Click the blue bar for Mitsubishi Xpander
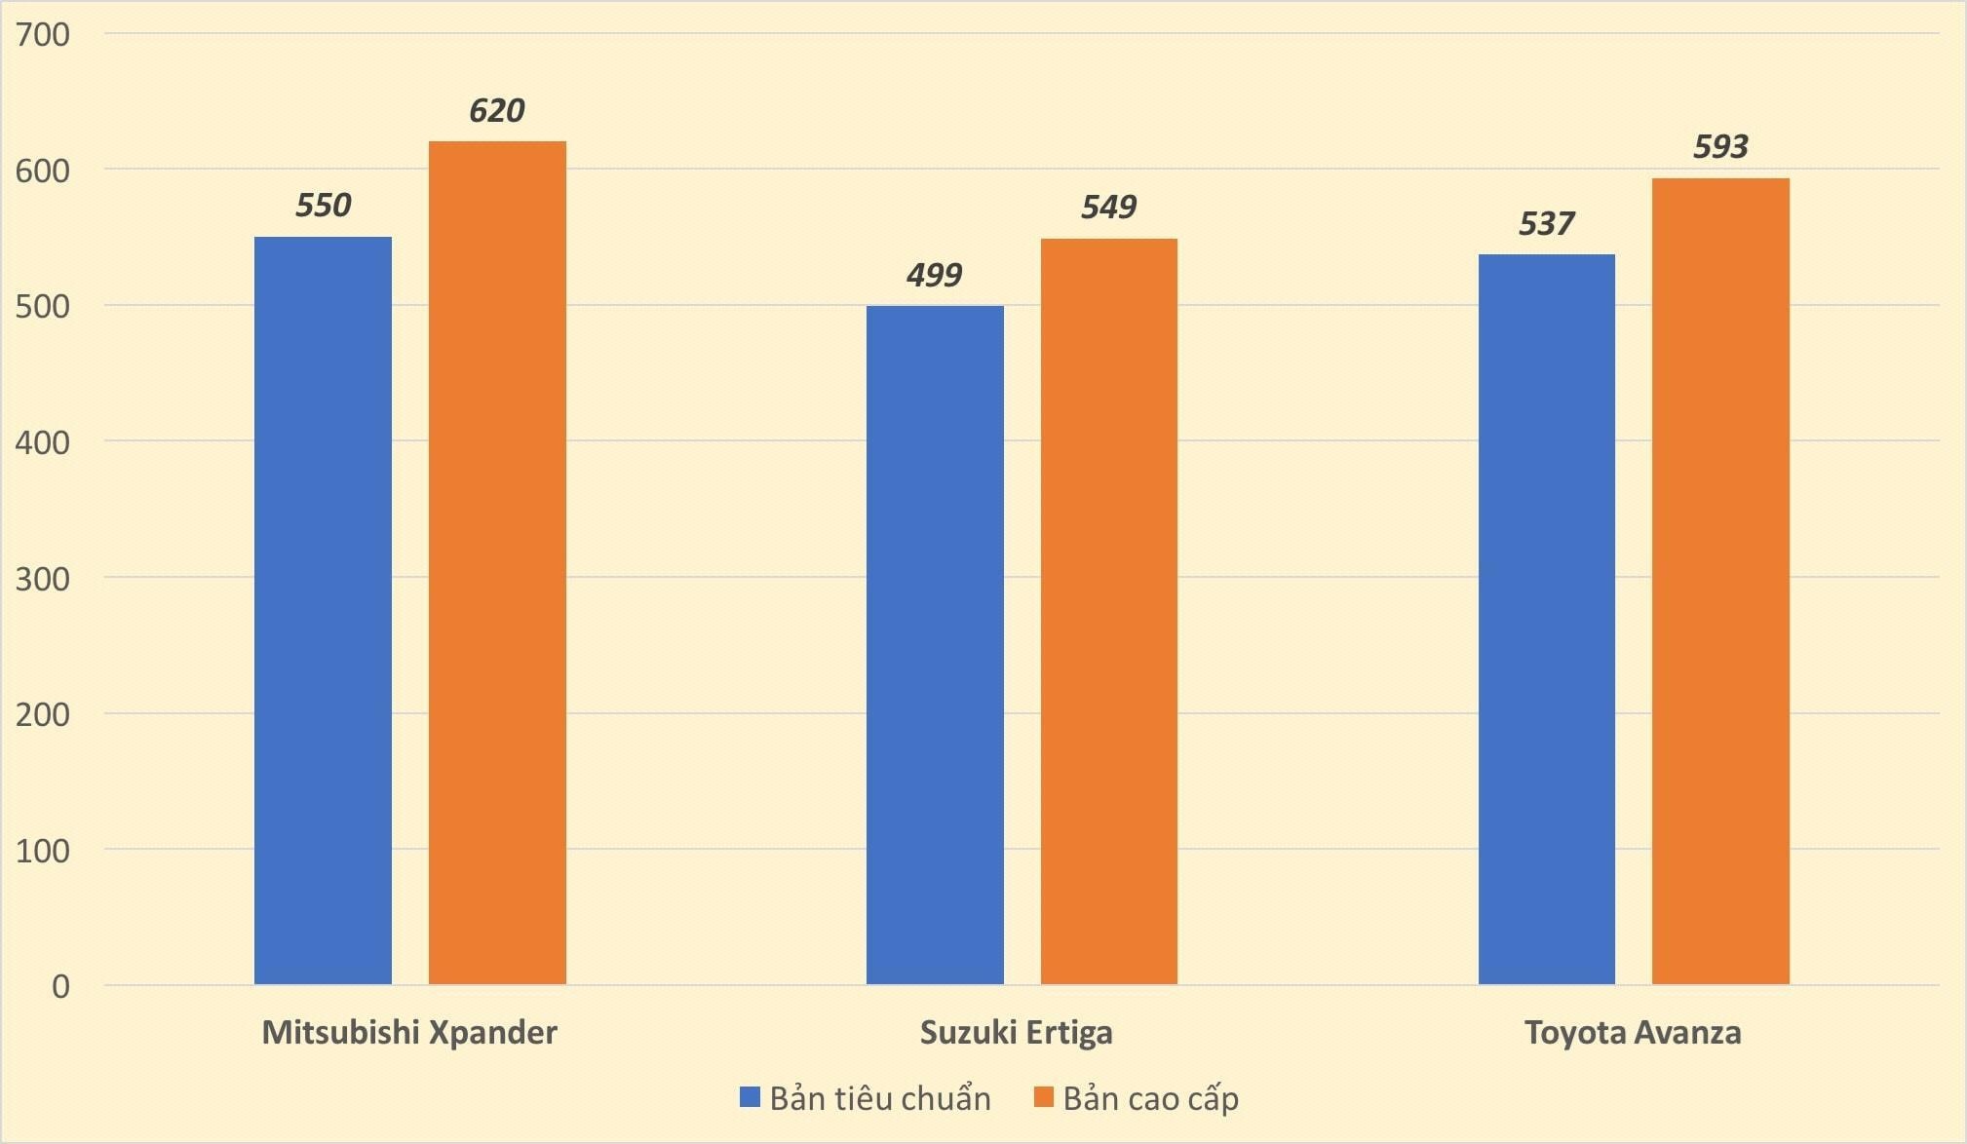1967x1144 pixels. (323, 610)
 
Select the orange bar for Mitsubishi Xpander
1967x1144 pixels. (497, 562)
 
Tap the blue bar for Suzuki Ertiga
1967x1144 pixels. (935, 645)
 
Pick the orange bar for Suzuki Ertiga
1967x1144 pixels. (1109, 611)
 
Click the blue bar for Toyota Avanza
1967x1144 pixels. (1546, 619)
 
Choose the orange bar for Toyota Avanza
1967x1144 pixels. (1720, 581)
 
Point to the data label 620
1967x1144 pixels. (497, 111)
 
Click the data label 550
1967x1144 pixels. (323, 206)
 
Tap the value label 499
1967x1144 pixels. (934, 276)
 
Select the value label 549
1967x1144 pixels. (1108, 208)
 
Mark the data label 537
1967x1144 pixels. (1546, 225)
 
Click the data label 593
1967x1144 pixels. (1720, 147)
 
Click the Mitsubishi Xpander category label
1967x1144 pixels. (409, 1032)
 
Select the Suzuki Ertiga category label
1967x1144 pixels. (1016, 1032)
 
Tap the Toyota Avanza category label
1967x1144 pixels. (1633, 1032)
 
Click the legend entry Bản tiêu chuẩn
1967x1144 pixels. (866, 1098)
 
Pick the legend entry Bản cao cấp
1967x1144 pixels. (1137, 1098)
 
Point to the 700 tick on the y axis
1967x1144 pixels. (43, 35)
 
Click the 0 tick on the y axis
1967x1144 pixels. (60, 986)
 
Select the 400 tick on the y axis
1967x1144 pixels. (43, 442)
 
